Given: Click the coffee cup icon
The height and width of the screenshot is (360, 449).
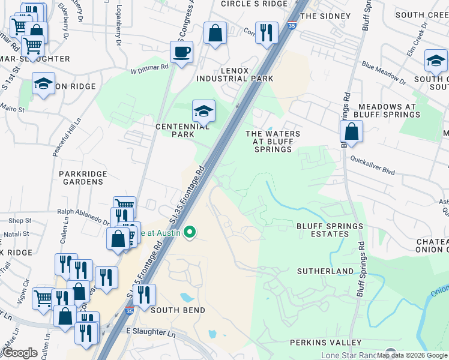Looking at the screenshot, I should click(181, 52).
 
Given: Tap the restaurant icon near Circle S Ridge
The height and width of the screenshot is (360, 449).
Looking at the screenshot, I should click(266, 32).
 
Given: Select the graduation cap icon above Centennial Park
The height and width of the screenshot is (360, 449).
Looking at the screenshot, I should click(203, 110).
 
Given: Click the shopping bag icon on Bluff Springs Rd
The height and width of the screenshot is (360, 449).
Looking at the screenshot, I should click(351, 131).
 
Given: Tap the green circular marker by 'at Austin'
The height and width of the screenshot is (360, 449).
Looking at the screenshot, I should click(190, 232).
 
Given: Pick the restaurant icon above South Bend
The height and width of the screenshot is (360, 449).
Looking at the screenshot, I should click(144, 295).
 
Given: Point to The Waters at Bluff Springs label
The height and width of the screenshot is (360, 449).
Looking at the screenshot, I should click(273, 141).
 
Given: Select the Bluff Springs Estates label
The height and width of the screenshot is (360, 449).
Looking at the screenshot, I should click(330, 230).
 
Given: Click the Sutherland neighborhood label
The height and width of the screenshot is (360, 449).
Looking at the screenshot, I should click(326, 271).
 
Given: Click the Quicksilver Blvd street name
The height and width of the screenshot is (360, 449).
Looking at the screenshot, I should click(373, 166).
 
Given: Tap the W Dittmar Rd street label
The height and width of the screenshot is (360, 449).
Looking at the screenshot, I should click(149, 68).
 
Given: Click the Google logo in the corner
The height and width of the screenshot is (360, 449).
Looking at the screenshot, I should click(19, 352).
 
